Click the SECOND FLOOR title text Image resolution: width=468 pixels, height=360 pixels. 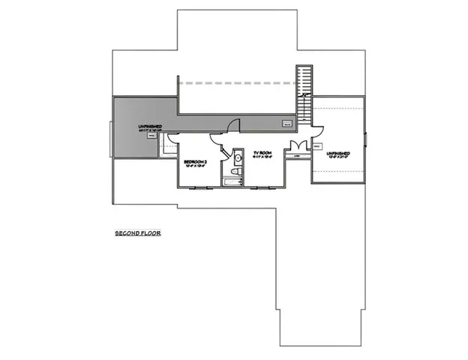click(x=138, y=233)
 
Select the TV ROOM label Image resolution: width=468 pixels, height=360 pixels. click(x=262, y=150)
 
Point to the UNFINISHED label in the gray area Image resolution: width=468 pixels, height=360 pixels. click(x=151, y=125)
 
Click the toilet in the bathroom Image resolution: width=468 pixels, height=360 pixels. click(x=235, y=173)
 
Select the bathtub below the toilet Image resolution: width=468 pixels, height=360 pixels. click(x=232, y=182)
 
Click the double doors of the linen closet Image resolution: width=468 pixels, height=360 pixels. click(x=298, y=145)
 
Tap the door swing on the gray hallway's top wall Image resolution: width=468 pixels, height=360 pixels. click(x=234, y=124)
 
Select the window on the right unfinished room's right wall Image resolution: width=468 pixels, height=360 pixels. click(x=366, y=139)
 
